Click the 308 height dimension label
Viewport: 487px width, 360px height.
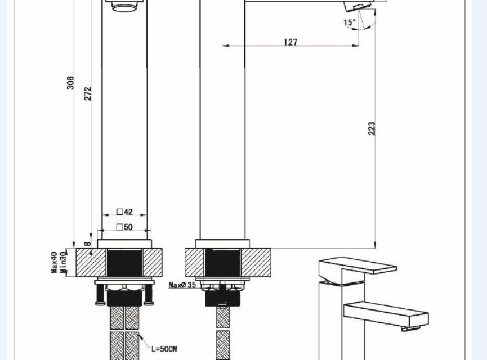click(71, 83)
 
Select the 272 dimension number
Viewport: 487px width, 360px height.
click(88, 93)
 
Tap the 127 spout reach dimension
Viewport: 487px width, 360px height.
click(291, 42)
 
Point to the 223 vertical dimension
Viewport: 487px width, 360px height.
click(372, 128)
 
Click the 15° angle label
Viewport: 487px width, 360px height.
click(350, 22)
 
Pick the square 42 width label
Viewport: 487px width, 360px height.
click(124, 211)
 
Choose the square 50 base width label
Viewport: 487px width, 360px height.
click(124, 227)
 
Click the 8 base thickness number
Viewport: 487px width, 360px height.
click(88, 244)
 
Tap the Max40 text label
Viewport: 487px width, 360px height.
click(54, 263)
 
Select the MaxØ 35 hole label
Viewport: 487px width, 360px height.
click(182, 285)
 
